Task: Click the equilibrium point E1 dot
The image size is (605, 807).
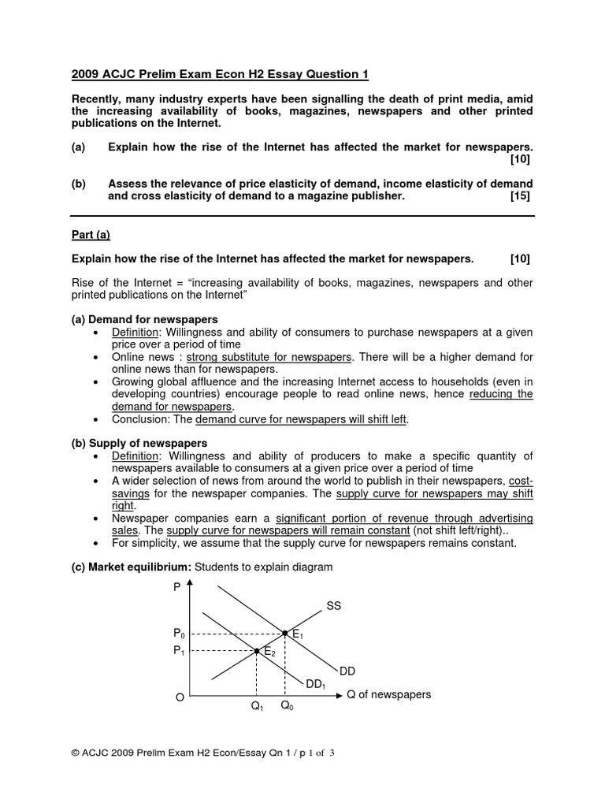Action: pos(284,633)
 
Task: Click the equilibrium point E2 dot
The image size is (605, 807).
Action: pos(257,651)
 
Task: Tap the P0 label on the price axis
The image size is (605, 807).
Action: pos(179,634)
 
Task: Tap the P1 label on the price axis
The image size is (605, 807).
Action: pos(179,651)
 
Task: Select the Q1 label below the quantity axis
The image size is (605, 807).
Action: pos(257,707)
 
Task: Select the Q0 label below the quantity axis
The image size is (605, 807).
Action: pos(287,707)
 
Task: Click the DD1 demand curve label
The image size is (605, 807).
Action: pos(316,685)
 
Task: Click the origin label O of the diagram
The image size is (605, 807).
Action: pos(180,697)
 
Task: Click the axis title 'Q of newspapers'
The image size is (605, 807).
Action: pos(388,694)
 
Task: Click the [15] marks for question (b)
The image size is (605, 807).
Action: pos(521,196)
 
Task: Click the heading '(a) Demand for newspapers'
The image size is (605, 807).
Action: pos(144,318)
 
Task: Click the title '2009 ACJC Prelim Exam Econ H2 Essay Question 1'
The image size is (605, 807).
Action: pos(220,75)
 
